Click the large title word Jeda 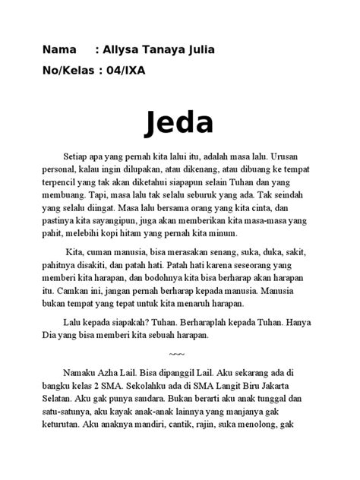pos(179,122)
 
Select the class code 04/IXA pos(124,72)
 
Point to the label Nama pos(59,51)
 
